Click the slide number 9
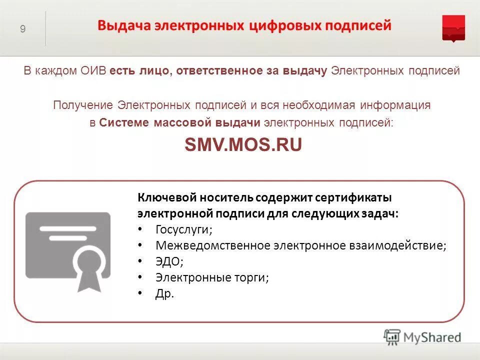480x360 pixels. pyautogui.click(x=23, y=29)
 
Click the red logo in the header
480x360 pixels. pyautogui.click(x=453, y=28)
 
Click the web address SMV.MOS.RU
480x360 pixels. pyautogui.click(x=243, y=144)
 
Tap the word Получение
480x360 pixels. pyautogui.click(x=83, y=105)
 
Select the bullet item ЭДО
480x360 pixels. pyautogui.click(x=169, y=261)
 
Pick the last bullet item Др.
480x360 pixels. pyautogui.click(x=165, y=293)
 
